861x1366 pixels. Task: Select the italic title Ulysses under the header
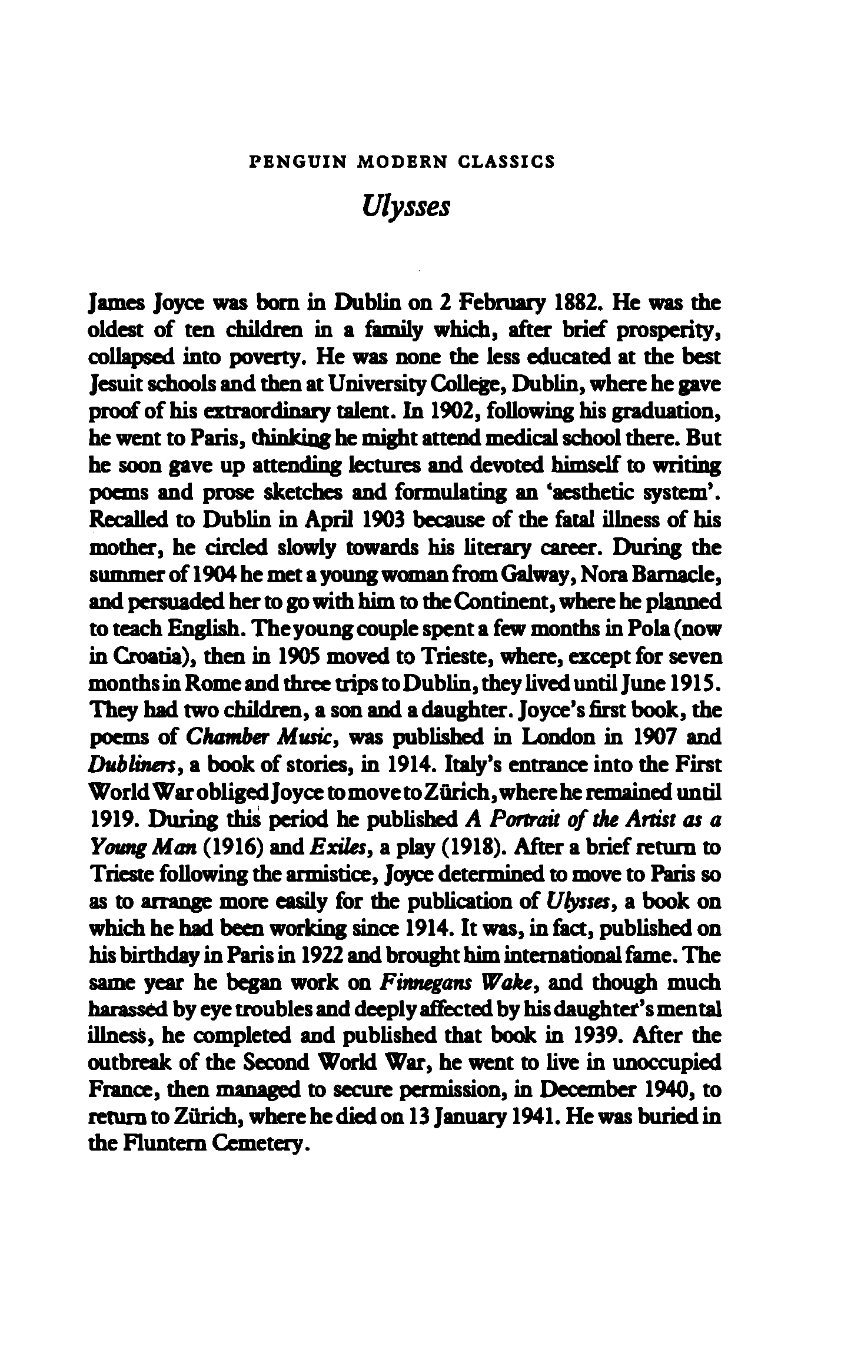click(405, 207)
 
